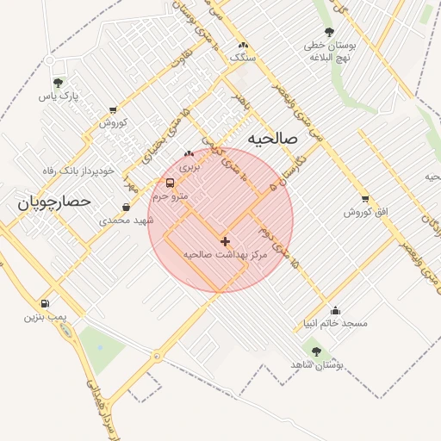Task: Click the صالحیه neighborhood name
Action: tap(271, 138)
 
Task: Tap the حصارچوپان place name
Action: tap(53, 202)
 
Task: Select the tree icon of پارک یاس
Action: tap(58, 84)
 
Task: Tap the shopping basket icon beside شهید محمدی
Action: tap(127, 207)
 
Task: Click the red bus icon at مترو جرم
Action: tap(170, 183)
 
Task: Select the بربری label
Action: tap(189, 168)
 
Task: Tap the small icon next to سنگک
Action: tap(243, 44)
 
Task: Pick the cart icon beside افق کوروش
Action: tap(365, 199)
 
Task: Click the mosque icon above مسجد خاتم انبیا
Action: tap(335, 310)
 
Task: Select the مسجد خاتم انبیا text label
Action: tap(331, 324)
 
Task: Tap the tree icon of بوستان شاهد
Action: tap(315, 351)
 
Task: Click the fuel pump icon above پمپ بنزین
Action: tap(45, 303)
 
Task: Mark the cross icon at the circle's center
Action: tap(225, 242)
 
